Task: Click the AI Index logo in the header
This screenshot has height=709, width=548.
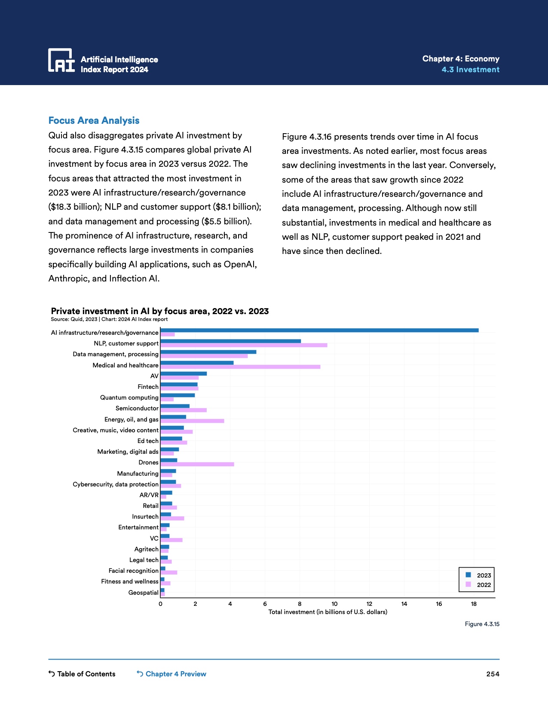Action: point(61,60)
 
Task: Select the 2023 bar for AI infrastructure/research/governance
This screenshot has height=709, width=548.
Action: point(319,330)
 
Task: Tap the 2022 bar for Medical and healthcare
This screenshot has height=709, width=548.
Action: point(240,367)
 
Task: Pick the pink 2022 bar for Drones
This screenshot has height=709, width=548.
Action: point(197,464)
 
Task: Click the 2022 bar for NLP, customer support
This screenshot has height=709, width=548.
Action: point(244,345)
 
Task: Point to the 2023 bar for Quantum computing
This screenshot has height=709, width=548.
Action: point(178,395)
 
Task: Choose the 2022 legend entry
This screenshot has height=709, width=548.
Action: point(479,585)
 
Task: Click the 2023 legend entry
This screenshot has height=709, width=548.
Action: point(479,575)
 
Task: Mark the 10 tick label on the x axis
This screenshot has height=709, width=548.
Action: point(334,604)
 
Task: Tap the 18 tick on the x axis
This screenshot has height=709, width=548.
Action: point(474,604)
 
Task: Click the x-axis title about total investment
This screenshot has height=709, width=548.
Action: point(328,612)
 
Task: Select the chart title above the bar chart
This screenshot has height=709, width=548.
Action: point(160,311)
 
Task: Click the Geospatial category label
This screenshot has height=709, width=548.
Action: point(143,593)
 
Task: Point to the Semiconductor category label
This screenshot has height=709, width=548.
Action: point(137,408)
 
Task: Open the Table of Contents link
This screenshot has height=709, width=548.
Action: point(82,674)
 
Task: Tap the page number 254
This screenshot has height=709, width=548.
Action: point(493,674)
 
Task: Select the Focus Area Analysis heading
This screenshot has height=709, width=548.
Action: point(94,121)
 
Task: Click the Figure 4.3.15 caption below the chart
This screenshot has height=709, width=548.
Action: point(482,624)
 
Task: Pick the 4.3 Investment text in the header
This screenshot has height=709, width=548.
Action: point(470,70)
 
